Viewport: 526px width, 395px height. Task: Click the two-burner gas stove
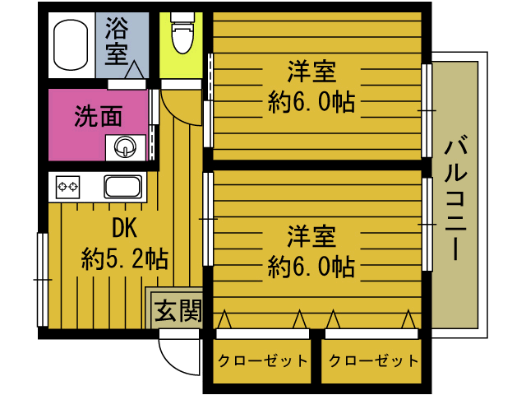[67, 187]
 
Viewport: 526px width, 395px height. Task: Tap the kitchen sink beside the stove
[123, 187]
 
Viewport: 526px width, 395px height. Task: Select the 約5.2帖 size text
[124, 260]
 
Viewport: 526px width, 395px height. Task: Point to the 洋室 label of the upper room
[311, 72]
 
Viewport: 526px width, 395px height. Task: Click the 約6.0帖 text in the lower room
[311, 267]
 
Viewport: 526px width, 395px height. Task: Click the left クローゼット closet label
[262, 360]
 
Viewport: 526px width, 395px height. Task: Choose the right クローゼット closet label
[370, 360]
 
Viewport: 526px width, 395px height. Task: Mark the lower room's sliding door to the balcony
[427, 223]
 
